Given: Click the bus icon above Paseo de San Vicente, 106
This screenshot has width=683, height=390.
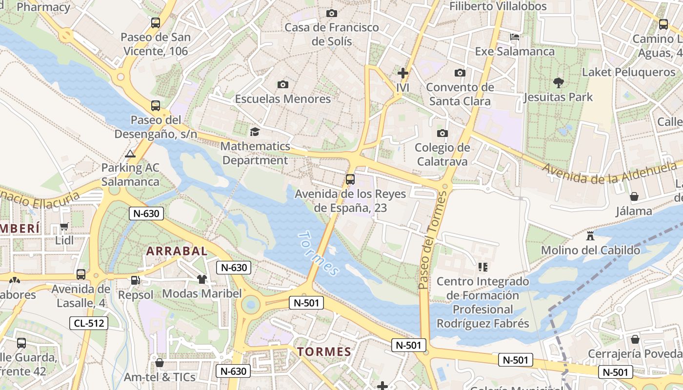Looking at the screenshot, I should (x=156, y=23).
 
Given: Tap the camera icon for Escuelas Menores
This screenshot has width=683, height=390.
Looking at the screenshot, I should (x=282, y=85).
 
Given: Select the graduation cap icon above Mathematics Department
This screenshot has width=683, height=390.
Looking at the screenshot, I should (x=255, y=132).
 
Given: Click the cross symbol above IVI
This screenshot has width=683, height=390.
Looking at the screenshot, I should (x=403, y=74).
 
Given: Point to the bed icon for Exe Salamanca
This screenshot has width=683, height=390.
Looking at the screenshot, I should (x=515, y=37).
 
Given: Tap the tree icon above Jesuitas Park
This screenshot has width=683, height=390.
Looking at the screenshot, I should (x=559, y=83).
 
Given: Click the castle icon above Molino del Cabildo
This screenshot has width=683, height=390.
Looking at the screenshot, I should (x=590, y=236).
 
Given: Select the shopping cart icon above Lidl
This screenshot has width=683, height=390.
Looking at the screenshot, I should (x=64, y=227).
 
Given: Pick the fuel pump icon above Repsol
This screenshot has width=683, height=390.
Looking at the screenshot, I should (x=135, y=280).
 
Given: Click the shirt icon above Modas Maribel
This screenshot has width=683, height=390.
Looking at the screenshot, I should (x=202, y=279).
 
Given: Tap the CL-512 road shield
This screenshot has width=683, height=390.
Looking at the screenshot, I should (x=88, y=323).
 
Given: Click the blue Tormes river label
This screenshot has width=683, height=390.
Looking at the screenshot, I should (x=318, y=253).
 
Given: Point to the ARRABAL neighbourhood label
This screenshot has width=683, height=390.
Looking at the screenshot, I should (x=177, y=251).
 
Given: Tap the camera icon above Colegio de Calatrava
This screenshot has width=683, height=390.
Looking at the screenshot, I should (x=442, y=133).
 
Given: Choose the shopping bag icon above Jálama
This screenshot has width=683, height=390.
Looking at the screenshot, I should (x=634, y=197).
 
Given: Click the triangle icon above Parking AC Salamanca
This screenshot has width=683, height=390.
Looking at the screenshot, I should (x=130, y=154).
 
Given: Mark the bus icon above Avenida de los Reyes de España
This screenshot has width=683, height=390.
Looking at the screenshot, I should (x=350, y=179).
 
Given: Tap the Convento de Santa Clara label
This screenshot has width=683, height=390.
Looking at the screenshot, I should (x=460, y=95).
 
